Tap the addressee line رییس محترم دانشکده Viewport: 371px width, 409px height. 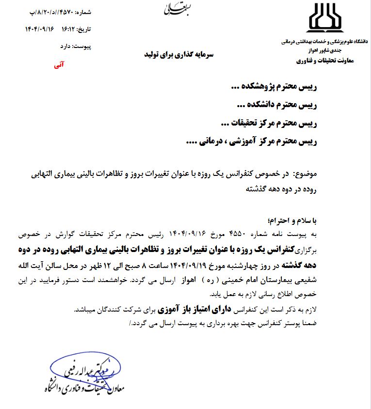tap(278, 105)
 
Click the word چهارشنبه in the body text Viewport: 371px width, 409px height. tap(257, 266)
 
